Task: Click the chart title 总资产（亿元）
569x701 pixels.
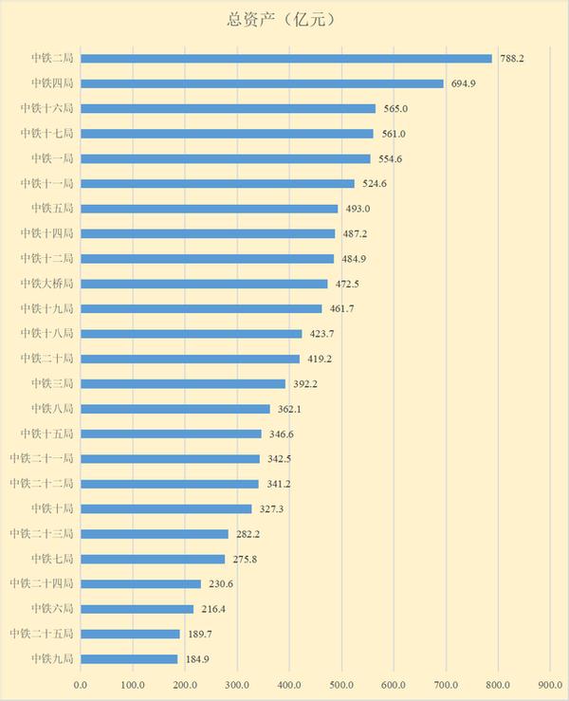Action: pyautogui.click(x=284, y=18)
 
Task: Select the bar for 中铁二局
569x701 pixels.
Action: pyautogui.click(x=286, y=59)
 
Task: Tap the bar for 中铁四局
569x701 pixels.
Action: pyautogui.click(x=262, y=83)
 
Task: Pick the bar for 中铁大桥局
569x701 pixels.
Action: pyautogui.click(x=204, y=284)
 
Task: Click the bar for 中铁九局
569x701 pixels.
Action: pyautogui.click(x=129, y=658)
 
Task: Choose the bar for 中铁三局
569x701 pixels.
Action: pyautogui.click(x=183, y=383)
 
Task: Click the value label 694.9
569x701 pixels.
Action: pyautogui.click(x=463, y=83)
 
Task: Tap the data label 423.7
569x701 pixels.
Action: pyautogui.click(x=321, y=334)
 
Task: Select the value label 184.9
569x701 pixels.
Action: pyautogui.click(x=196, y=658)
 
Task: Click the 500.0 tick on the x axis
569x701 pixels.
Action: pyautogui.click(x=341, y=683)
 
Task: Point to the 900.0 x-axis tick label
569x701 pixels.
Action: pyautogui.click(x=550, y=683)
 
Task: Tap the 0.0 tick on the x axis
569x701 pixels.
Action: pyautogui.click(x=81, y=683)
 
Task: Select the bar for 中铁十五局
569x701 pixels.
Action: pyautogui.click(x=171, y=434)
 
